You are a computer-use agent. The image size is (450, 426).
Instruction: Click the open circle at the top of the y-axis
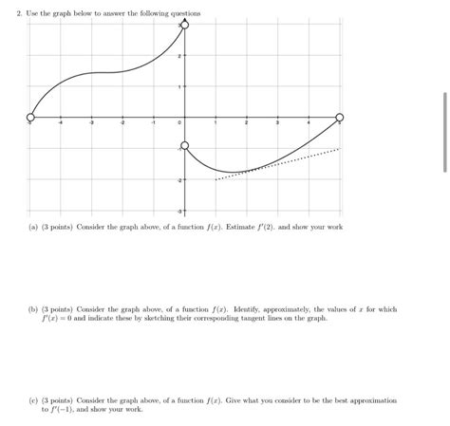[x=184, y=26]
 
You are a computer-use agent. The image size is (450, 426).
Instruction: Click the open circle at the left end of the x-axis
[x=30, y=118]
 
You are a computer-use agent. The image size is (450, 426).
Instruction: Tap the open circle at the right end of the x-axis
[x=340, y=118]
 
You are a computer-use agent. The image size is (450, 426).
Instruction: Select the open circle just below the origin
[x=184, y=147]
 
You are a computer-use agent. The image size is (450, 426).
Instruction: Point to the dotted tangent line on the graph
[x=285, y=161]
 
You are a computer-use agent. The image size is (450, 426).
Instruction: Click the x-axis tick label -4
[x=61, y=124]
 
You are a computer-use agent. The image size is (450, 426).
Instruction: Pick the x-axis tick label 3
[x=277, y=124]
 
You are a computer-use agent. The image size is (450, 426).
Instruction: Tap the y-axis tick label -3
[x=178, y=210]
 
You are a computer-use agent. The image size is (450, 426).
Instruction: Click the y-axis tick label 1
[x=179, y=87]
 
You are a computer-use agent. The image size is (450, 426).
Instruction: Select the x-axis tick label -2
[x=122, y=124]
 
